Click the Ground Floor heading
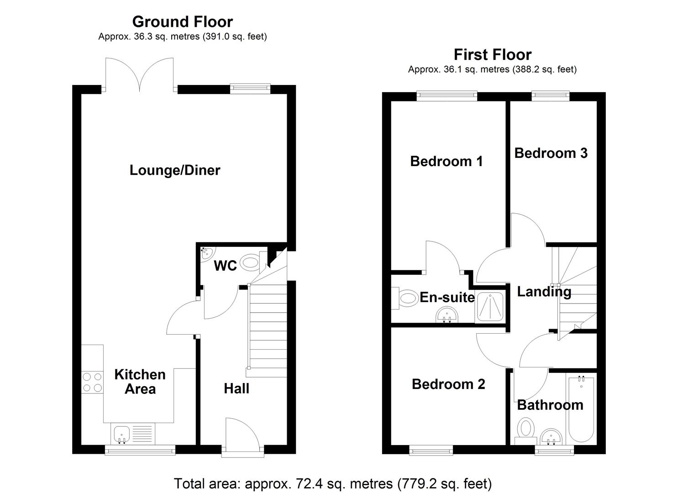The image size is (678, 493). click(182, 21)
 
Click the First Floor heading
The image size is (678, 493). click(492, 55)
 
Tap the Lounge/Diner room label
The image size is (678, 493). click(175, 170)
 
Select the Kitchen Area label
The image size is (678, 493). click(140, 382)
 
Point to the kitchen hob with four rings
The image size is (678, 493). click(92, 383)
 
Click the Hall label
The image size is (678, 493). click(237, 388)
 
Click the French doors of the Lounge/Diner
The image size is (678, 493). click(139, 74)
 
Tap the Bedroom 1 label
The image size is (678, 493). click(446, 161)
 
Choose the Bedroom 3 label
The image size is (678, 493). click(551, 153)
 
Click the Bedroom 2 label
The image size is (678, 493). click(448, 384)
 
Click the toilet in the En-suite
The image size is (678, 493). click(407, 299)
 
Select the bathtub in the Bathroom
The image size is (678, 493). click(581, 409)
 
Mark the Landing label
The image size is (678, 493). click(544, 292)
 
